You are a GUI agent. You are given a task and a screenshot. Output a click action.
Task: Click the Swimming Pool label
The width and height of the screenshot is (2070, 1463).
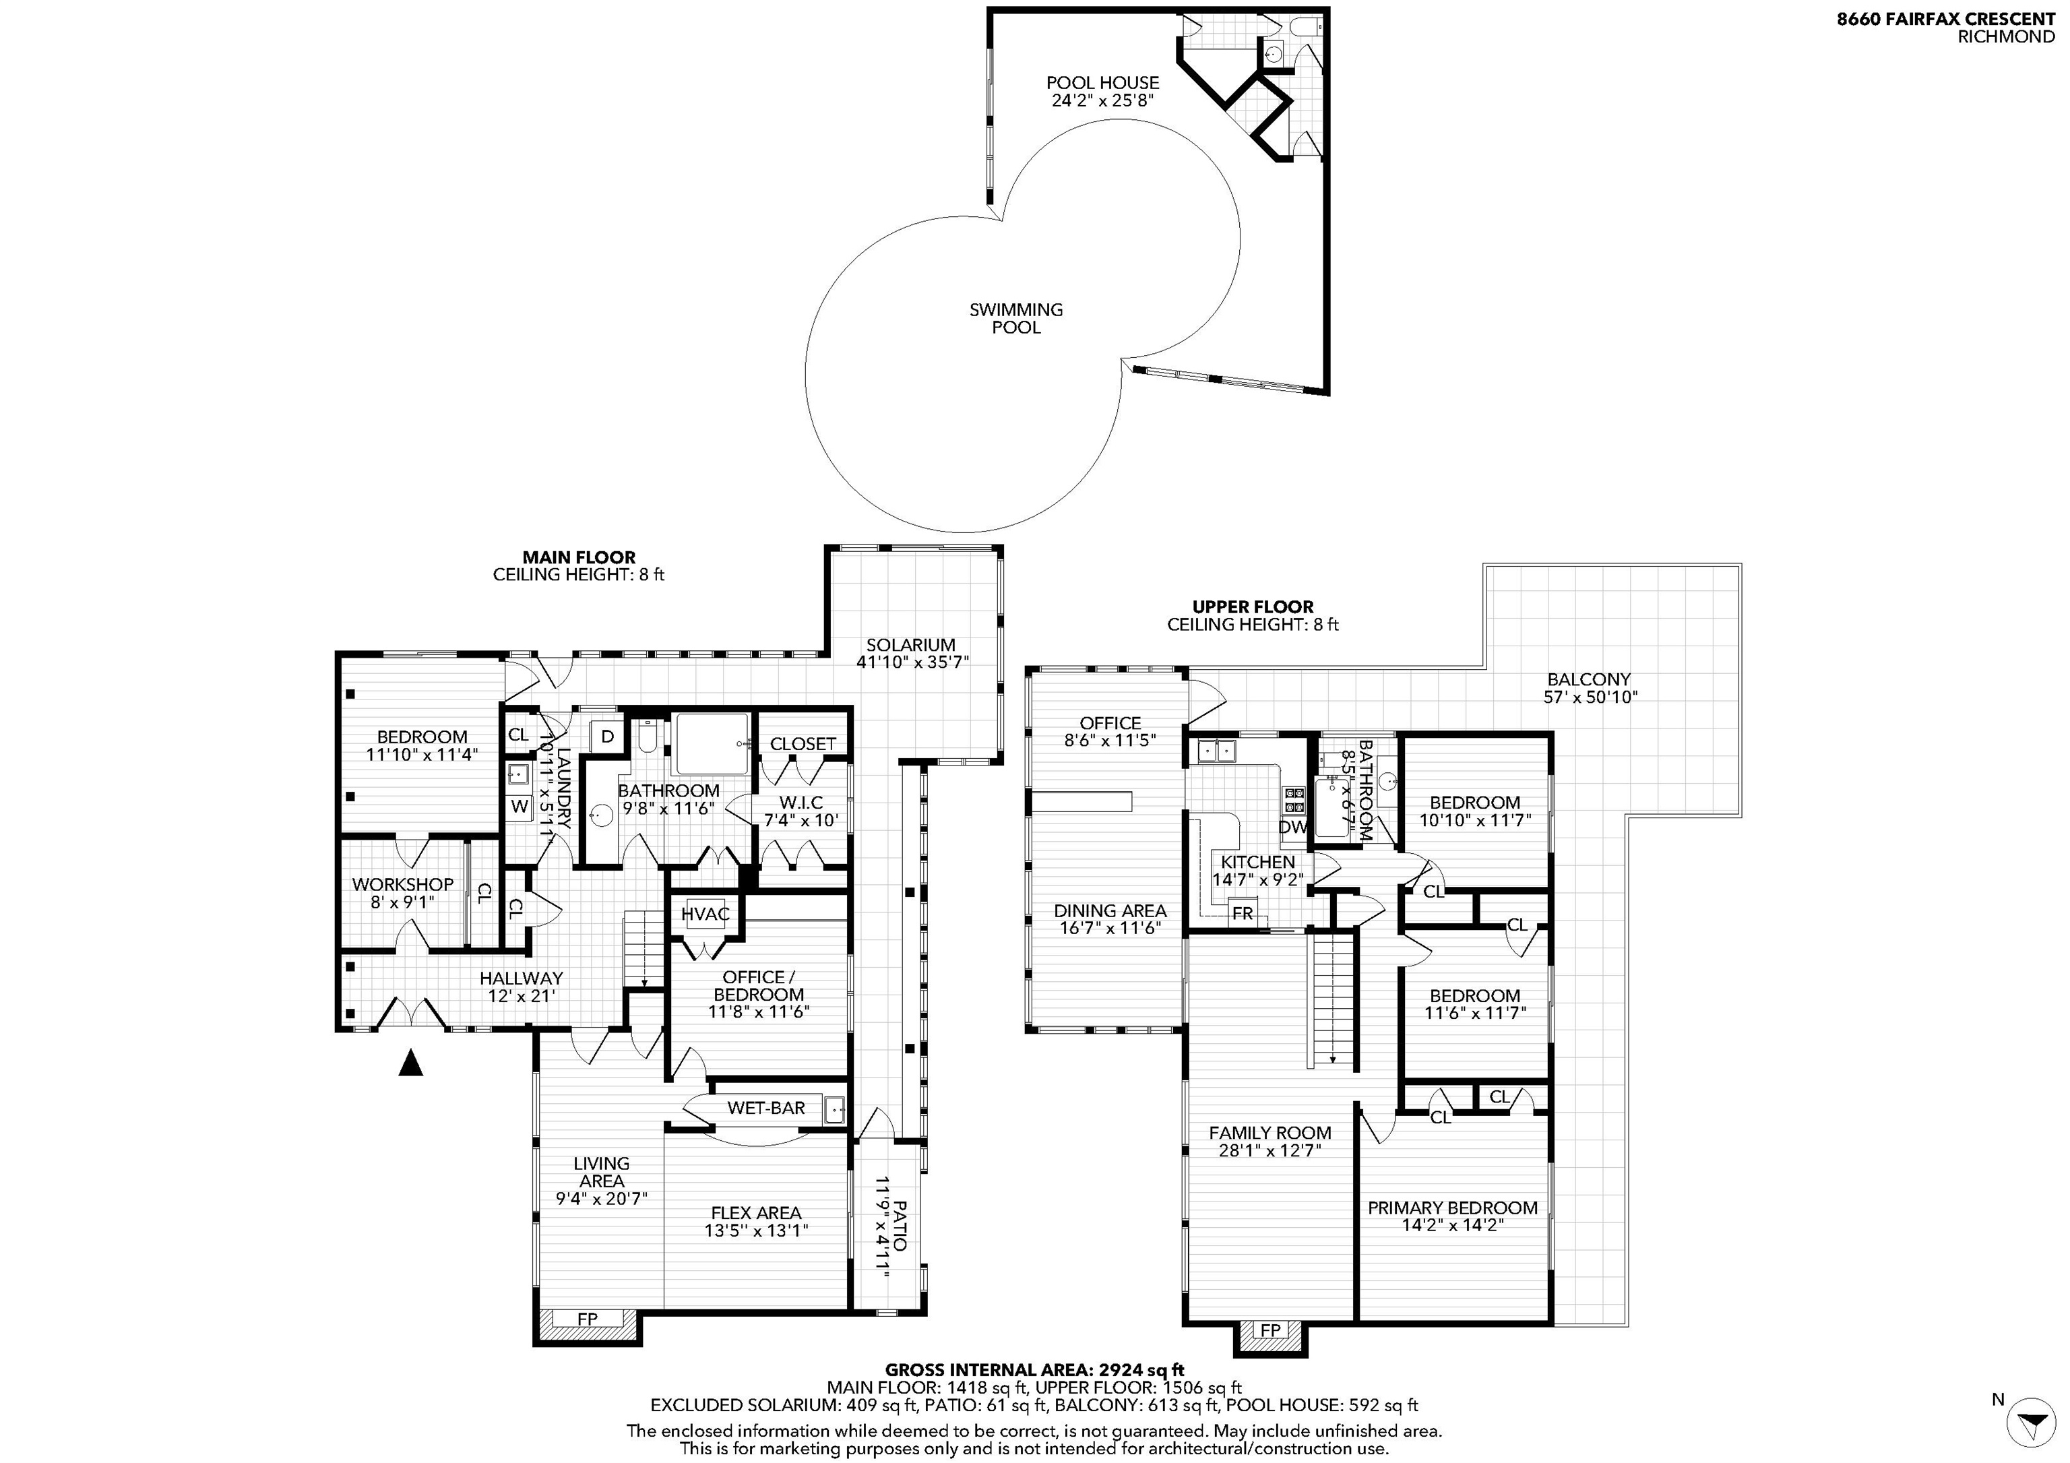coord(1016,318)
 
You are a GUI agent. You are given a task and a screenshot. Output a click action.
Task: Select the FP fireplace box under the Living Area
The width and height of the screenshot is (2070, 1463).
coord(588,1319)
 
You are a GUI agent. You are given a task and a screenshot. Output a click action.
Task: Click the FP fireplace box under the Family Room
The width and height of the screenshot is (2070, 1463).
coord(1270,1330)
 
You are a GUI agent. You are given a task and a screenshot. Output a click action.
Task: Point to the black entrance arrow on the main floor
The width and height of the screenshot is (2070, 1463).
coord(411,1063)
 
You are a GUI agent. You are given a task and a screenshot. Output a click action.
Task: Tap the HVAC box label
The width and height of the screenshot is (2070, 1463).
coord(705,914)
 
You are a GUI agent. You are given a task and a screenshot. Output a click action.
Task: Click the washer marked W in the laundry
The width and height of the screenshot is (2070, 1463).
coord(520,807)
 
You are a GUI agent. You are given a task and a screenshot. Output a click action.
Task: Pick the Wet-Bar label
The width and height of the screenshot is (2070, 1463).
coord(766,1108)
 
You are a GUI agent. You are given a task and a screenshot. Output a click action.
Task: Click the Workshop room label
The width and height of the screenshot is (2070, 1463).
coord(403,884)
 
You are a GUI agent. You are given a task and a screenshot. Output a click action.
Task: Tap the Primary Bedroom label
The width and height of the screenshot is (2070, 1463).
coord(1452,1208)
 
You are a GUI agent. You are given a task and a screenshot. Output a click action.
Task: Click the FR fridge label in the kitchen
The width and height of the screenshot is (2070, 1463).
coord(1243,913)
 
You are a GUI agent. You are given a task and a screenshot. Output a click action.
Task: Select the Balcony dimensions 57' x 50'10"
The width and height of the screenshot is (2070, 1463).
coord(1590,697)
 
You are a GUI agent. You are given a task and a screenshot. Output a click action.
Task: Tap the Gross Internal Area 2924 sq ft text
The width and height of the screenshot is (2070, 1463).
coord(1034,1370)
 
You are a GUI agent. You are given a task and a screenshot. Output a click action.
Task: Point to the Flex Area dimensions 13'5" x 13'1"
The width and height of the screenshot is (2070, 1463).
coord(757,1231)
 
